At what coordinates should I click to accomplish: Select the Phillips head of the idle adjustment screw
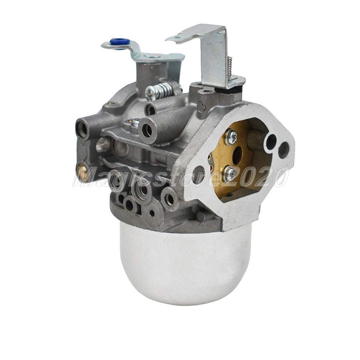[150, 94]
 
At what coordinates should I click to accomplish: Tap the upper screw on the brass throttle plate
[231, 137]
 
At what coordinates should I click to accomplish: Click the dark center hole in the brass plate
[237, 155]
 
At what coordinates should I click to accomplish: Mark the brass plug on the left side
[82, 170]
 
